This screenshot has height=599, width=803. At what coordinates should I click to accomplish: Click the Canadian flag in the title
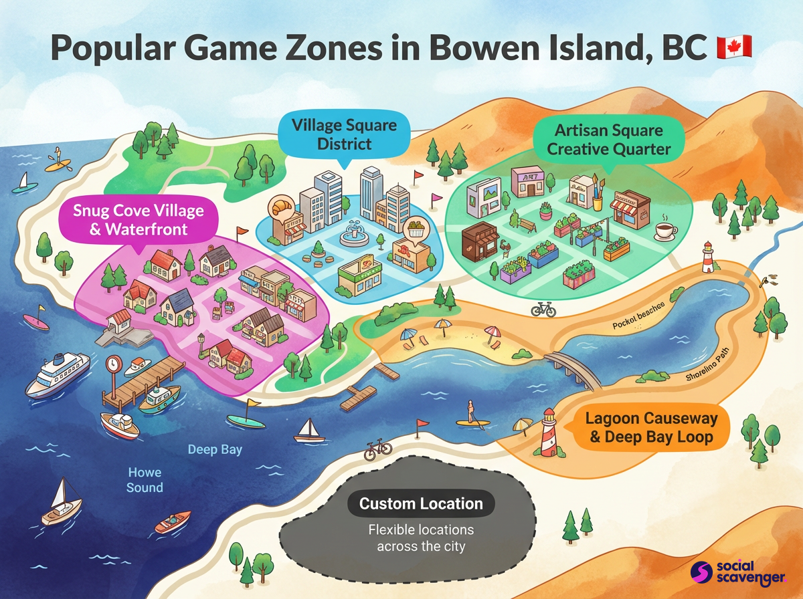(x=734, y=47)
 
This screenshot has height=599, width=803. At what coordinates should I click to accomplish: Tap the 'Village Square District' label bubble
(x=344, y=134)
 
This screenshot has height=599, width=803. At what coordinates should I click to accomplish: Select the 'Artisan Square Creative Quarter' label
(x=608, y=138)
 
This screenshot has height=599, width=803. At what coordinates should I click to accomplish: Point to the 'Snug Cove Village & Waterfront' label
(x=139, y=220)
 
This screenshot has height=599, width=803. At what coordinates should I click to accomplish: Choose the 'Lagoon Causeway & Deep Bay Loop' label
(x=651, y=428)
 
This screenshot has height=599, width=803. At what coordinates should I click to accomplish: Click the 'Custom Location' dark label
(x=421, y=503)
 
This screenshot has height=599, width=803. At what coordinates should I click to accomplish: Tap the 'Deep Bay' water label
(x=215, y=449)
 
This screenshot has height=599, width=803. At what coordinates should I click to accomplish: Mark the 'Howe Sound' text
(x=145, y=480)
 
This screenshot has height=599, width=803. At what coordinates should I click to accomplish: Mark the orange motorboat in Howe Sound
(x=173, y=521)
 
